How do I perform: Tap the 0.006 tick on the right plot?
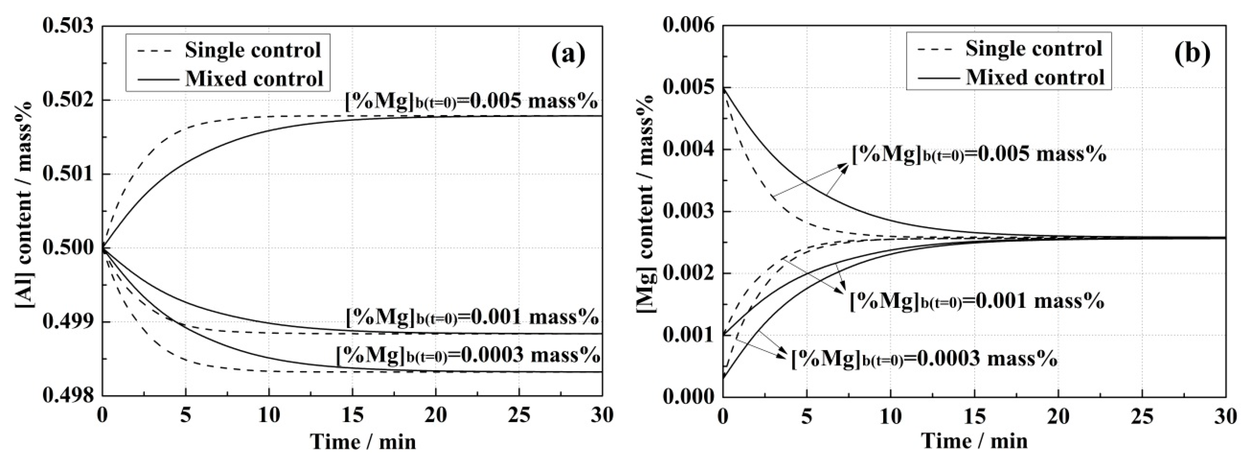pos(688,25)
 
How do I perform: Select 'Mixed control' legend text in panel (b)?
pos(1035,77)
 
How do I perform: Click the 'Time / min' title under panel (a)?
pos(363,441)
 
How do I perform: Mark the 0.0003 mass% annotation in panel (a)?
pos(468,356)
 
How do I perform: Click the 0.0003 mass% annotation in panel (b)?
pos(924,359)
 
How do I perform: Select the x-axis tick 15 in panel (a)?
pos(352,415)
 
